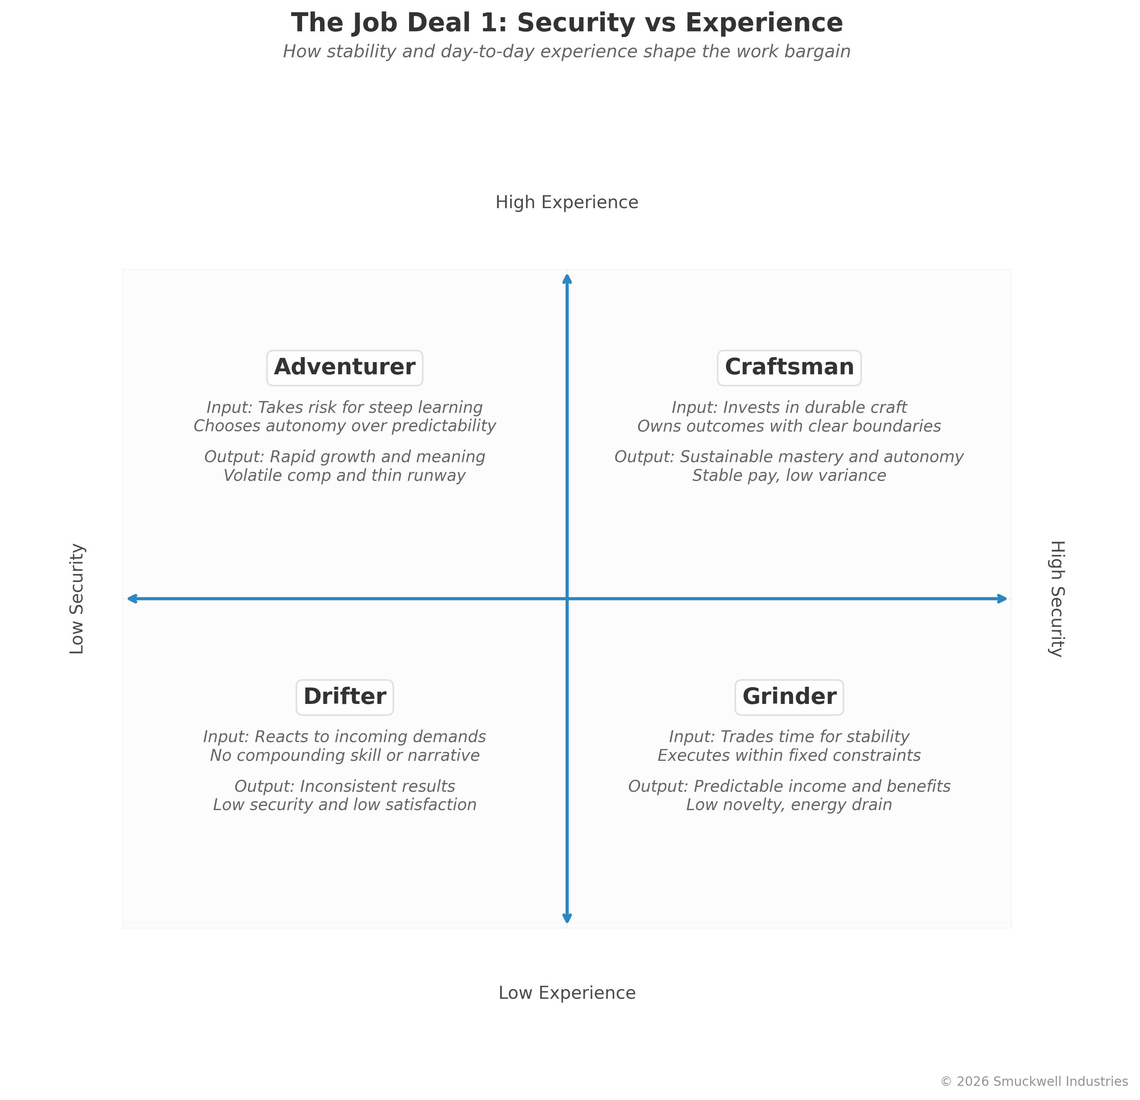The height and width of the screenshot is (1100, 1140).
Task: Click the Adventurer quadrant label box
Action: (344, 368)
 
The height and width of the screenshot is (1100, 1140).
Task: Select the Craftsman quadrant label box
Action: (789, 368)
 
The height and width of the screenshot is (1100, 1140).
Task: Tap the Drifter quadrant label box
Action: (344, 697)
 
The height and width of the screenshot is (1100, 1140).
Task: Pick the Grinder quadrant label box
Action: (789, 697)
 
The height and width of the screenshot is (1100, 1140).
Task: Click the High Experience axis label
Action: (566, 202)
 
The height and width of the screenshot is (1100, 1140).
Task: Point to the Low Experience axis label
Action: (566, 992)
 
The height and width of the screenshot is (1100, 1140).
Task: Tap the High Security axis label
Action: (1056, 599)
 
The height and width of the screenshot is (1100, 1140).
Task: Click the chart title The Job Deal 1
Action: (566, 23)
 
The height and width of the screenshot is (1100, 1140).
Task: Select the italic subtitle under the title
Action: (566, 52)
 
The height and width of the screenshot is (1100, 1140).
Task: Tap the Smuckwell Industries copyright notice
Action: (1033, 1081)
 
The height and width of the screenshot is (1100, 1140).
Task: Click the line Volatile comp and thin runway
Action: (344, 476)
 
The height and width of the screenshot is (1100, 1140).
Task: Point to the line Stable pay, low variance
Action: (789, 476)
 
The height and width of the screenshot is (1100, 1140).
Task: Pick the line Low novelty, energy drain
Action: (789, 805)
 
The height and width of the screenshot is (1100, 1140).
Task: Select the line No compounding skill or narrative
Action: (344, 755)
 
